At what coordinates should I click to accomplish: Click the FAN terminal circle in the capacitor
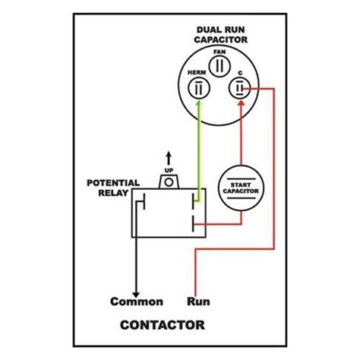click(x=219, y=64)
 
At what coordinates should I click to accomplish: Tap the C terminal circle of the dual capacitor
click(x=240, y=90)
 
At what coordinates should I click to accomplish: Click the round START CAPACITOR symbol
click(x=241, y=187)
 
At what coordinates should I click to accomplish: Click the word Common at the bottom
click(x=137, y=300)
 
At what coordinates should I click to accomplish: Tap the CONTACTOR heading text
click(x=161, y=327)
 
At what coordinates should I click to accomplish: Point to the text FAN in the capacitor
click(x=219, y=52)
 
